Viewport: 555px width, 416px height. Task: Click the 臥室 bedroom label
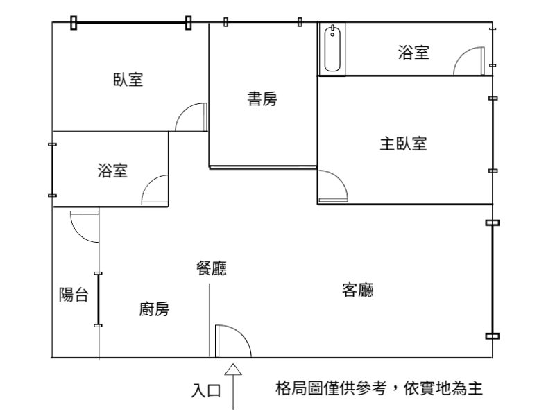pos(128,80)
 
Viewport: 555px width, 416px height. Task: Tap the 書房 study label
pos(262,98)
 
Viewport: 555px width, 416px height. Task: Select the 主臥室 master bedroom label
pos(404,144)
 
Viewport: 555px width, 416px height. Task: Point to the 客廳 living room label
pos(358,290)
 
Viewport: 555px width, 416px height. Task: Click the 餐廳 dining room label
pos(212,268)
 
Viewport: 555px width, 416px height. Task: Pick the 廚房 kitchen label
pos(154,309)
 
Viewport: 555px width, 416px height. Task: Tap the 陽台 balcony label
pos(74,294)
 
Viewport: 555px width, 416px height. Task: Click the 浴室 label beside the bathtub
pos(413,53)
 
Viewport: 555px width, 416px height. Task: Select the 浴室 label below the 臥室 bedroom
pos(112,171)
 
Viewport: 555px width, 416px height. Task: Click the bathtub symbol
pos(332,49)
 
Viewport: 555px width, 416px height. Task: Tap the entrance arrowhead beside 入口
pos(233,370)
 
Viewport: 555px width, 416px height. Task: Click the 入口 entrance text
pos(206,390)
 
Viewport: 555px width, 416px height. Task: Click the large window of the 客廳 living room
pos(493,279)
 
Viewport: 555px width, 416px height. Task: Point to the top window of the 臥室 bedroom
pos(131,23)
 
